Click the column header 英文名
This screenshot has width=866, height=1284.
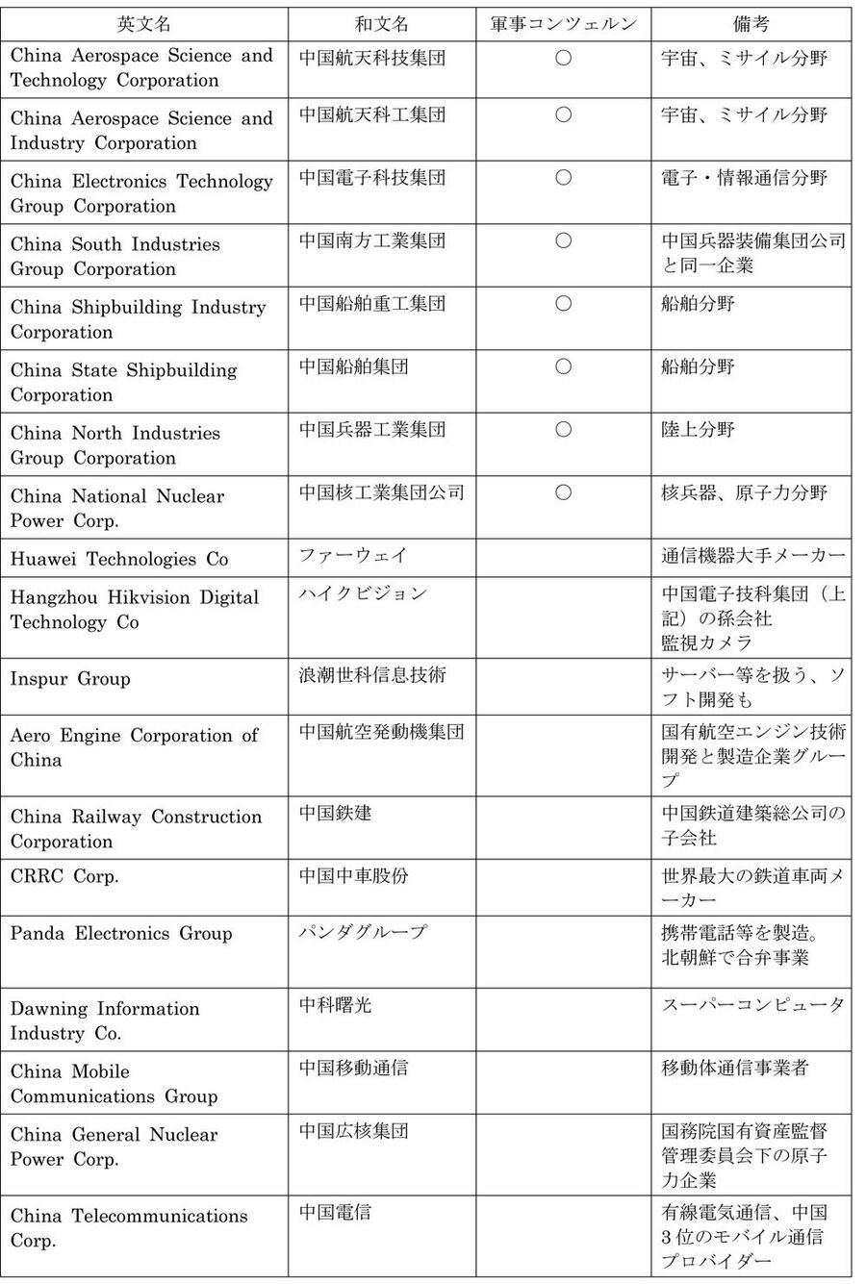click(144, 24)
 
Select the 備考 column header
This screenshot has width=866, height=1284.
click(751, 24)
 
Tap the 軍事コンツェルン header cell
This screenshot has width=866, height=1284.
click(564, 24)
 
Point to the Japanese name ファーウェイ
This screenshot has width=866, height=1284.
click(353, 555)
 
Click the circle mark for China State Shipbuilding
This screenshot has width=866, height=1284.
click(564, 366)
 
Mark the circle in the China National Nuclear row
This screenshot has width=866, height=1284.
click(564, 492)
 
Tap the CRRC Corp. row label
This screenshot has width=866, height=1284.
click(64, 877)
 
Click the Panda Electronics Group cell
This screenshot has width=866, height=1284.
click(121, 933)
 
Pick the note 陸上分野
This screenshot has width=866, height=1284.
click(698, 429)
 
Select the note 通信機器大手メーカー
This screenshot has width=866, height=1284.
click(752, 555)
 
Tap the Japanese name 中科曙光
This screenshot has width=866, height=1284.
click(335, 1005)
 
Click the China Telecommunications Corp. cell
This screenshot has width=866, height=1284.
click(129, 1228)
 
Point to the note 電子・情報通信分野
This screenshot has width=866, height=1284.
click(744, 178)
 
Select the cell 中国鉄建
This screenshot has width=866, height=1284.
click(335, 814)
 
